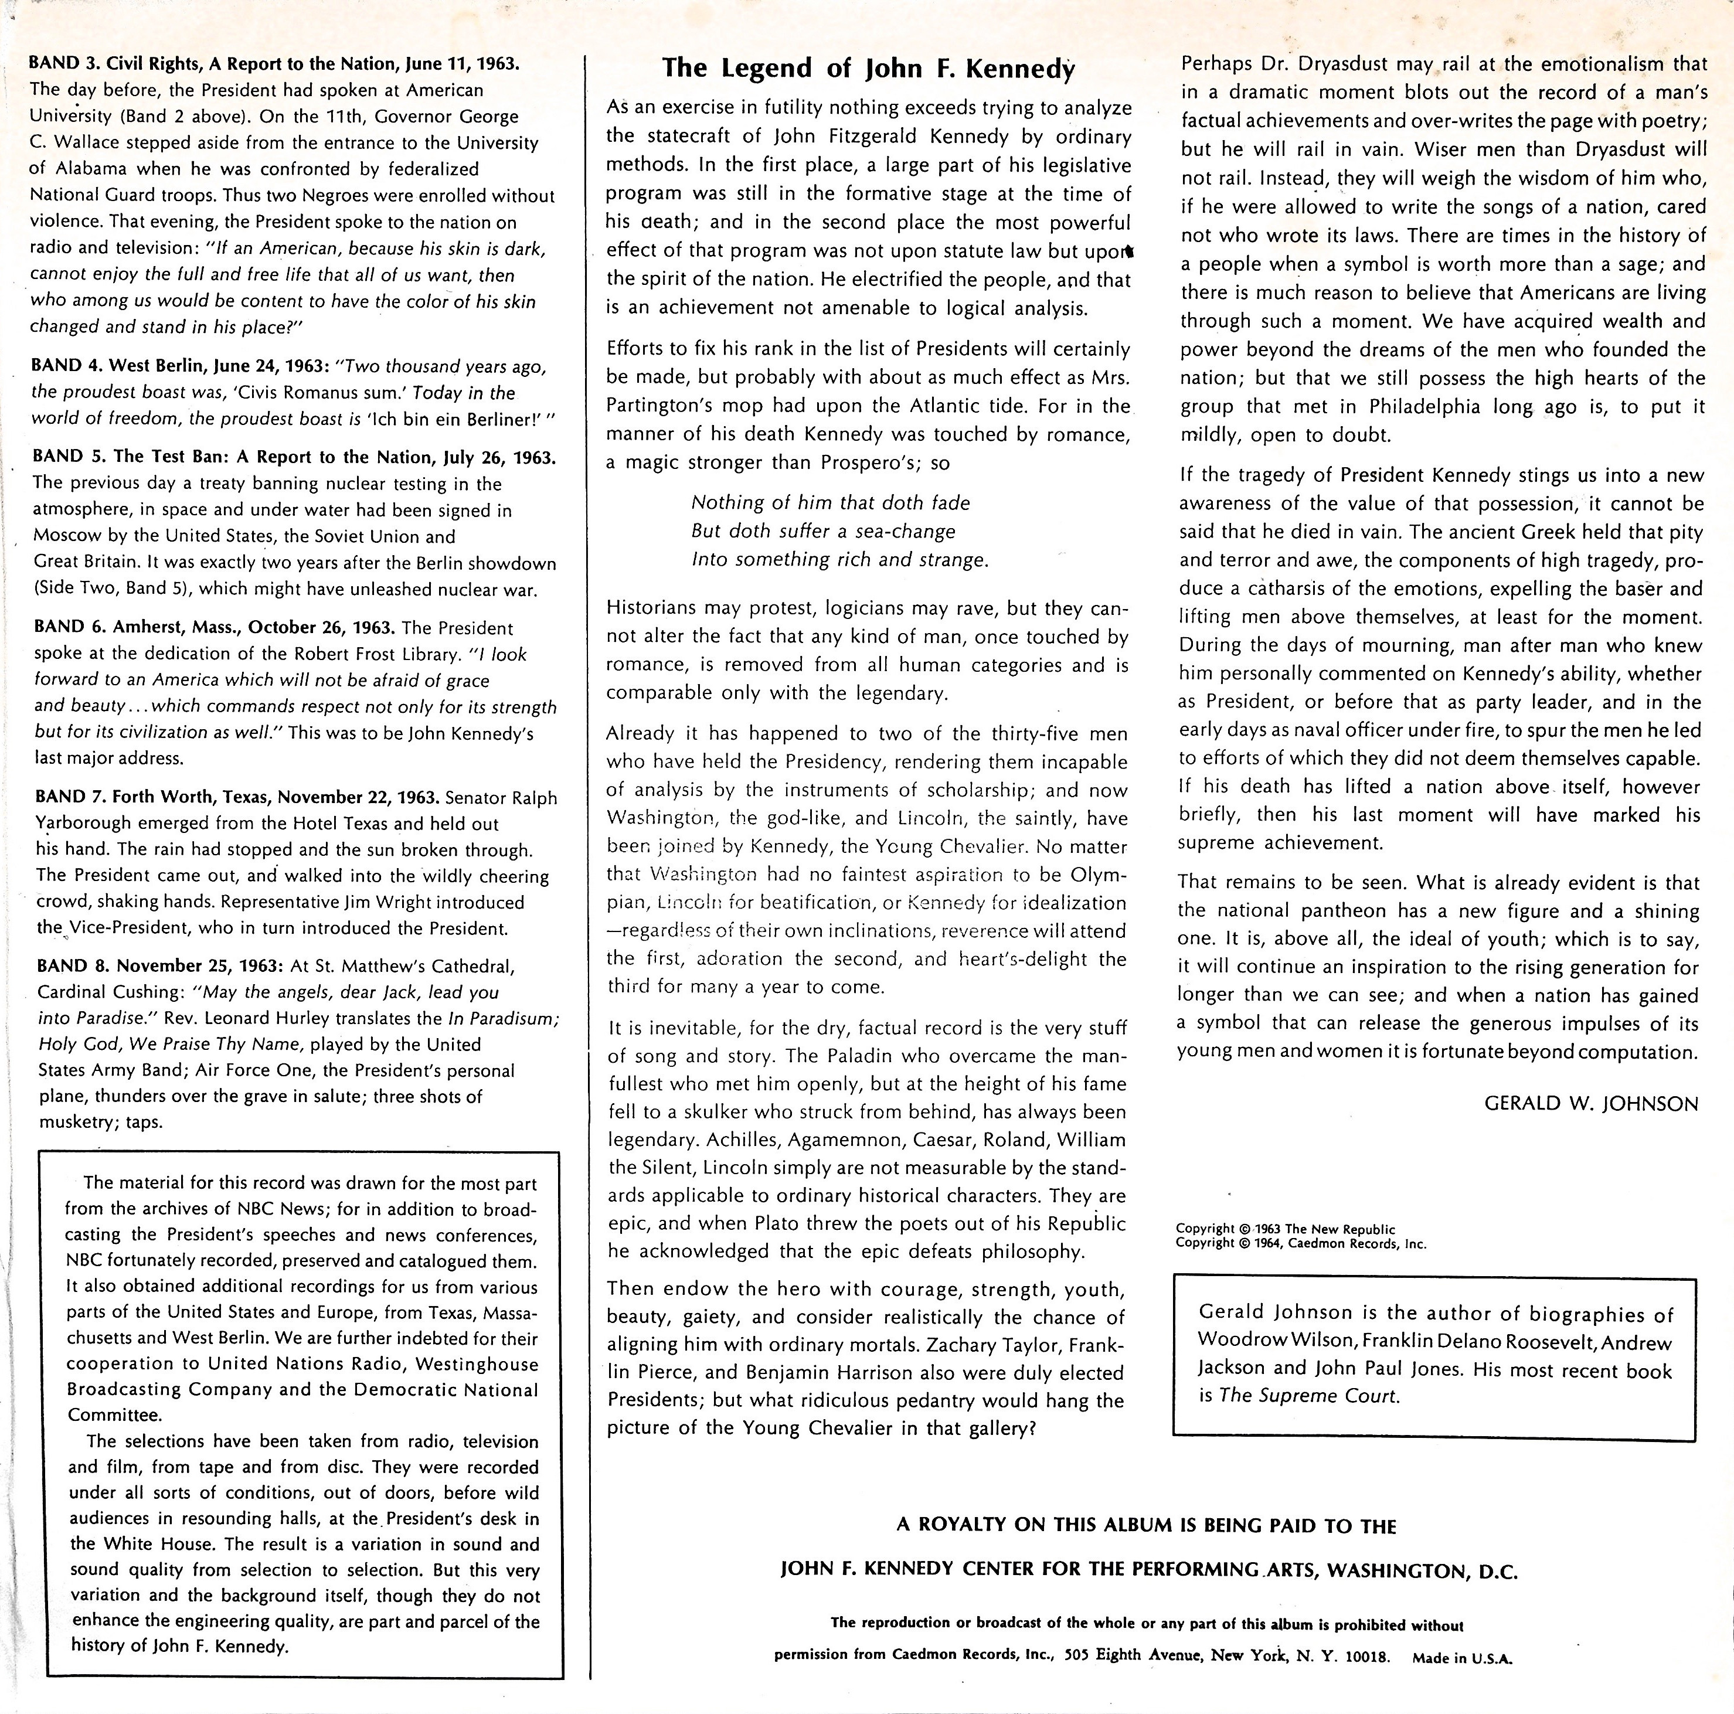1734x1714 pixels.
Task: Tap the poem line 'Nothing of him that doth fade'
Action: [x=830, y=502]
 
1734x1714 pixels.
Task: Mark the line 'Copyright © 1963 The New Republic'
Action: [x=1285, y=1229]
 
